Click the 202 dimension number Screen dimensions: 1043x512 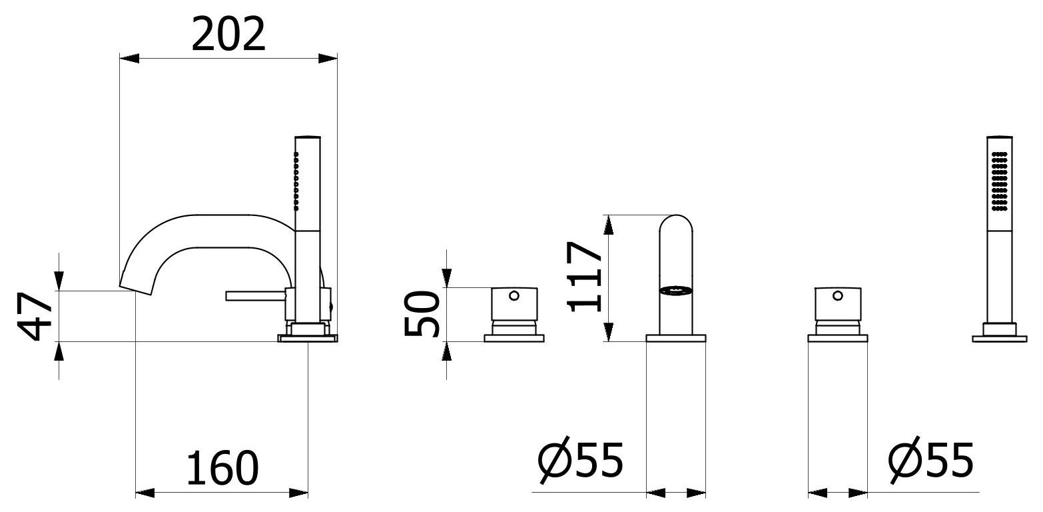[x=228, y=34]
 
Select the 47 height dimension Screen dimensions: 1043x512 [x=35, y=316]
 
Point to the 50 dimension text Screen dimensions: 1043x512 [x=422, y=313]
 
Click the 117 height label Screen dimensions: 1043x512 [x=584, y=277]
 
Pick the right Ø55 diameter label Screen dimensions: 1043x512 [x=931, y=460]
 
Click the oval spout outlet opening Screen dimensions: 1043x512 [x=675, y=291]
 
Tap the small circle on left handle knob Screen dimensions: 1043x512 [x=514, y=295]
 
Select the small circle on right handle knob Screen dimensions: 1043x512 [x=837, y=295]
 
